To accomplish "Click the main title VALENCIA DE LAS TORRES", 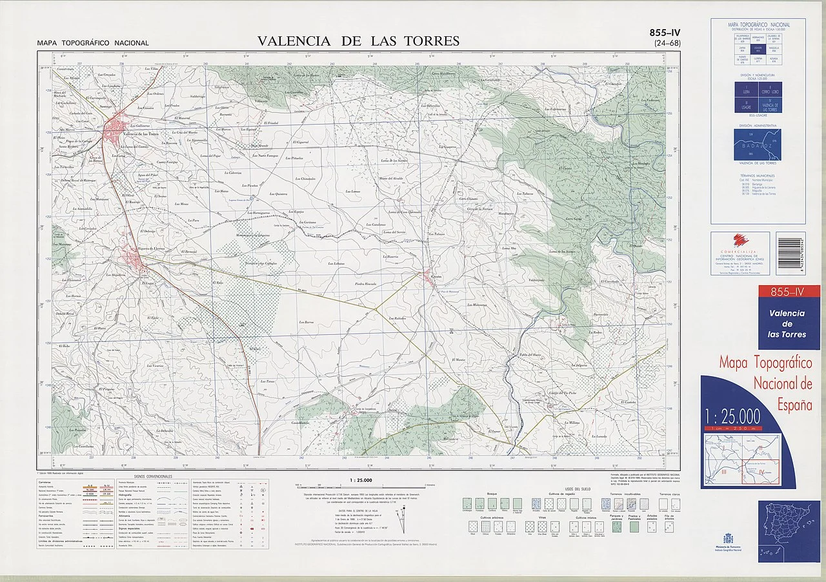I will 358,41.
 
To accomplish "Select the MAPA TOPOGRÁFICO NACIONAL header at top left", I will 93,43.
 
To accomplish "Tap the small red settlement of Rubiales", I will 430,278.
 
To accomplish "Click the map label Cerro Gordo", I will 574,218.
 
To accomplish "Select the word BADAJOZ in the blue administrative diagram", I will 758,146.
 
